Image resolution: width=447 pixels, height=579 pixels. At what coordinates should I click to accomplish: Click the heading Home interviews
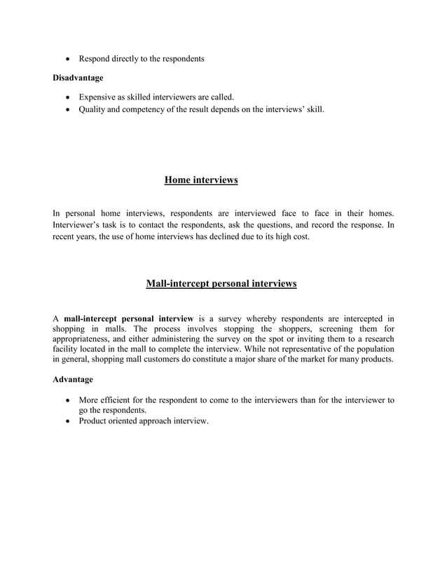tap(201, 181)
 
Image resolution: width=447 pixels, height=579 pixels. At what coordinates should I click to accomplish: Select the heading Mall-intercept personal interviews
tap(221, 284)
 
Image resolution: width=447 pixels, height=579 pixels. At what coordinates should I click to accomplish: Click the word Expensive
tap(99, 96)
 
